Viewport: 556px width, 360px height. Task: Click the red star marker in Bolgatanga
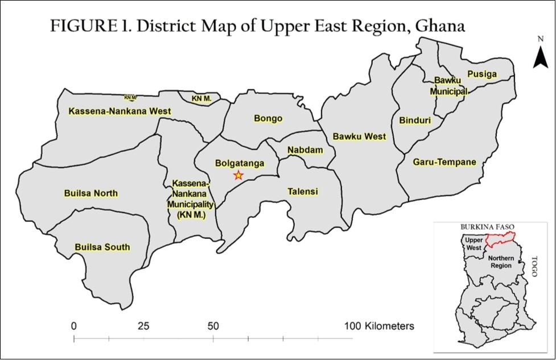pos(238,175)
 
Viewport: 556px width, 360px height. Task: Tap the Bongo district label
pos(268,119)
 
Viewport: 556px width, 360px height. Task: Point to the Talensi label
pos(302,192)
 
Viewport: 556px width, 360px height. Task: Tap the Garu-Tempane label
pos(444,163)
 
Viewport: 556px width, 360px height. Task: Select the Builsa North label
pos(91,193)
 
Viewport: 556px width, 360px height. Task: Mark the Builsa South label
pos(102,247)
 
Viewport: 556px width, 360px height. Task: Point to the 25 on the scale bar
pos(143,326)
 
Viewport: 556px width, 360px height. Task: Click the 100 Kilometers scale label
pos(379,326)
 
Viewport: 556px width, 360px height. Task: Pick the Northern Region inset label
pos(501,263)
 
